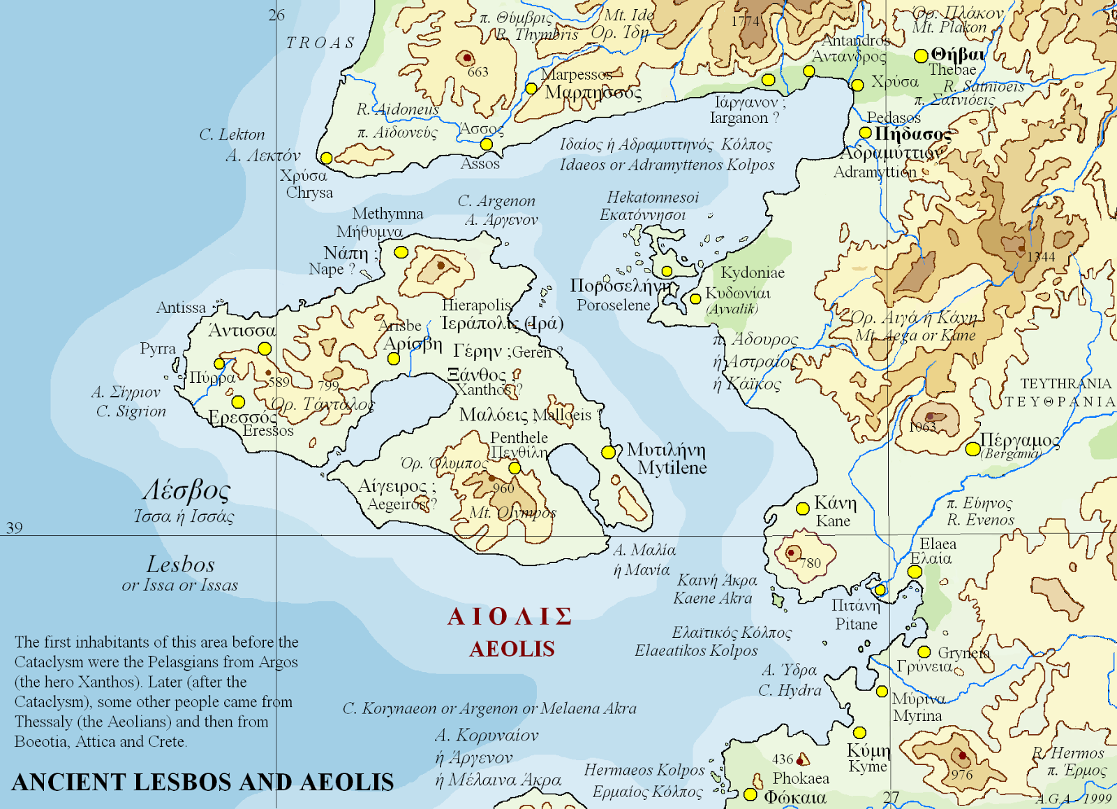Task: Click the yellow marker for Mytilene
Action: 608,452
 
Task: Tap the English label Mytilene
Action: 672,468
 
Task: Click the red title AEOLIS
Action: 512,649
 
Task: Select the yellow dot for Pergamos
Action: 972,449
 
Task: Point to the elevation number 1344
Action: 1041,257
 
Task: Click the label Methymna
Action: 387,214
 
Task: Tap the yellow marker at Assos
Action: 487,145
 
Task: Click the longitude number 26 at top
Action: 276,15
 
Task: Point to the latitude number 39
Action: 15,527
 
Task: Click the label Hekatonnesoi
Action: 652,198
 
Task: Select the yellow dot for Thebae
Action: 921,56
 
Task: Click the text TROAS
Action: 320,43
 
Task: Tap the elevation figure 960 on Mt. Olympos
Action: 503,488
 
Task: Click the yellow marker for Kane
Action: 803,509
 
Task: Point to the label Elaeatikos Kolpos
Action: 695,650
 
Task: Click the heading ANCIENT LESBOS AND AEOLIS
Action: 202,782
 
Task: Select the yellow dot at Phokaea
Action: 750,794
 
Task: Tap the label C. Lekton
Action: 232,135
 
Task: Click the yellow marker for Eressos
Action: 238,402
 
